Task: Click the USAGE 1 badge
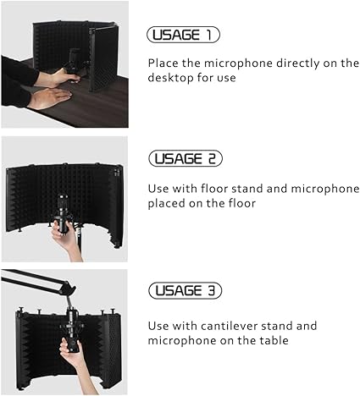click(x=183, y=35)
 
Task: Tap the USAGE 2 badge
click(x=186, y=158)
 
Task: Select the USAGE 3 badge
click(x=186, y=290)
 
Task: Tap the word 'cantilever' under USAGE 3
click(x=229, y=326)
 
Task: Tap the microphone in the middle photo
click(x=63, y=213)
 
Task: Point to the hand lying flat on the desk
click(x=50, y=97)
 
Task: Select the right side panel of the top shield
click(x=103, y=59)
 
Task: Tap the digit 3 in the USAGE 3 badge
click(x=212, y=290)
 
